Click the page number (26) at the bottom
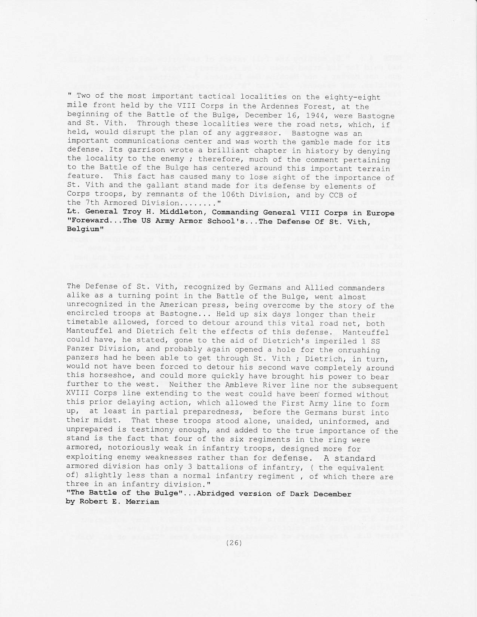point(234,543)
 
